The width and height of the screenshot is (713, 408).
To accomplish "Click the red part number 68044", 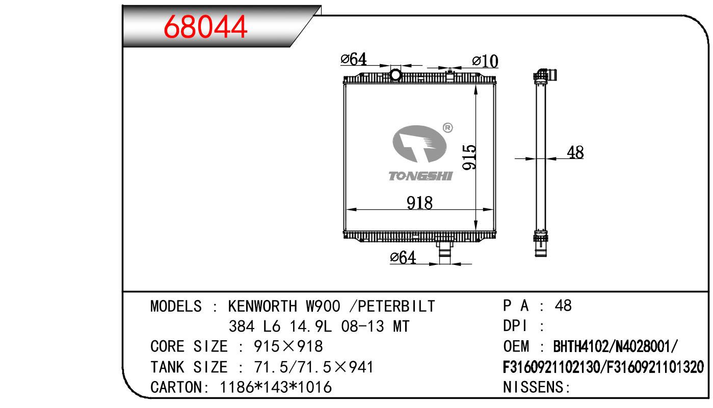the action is [x=205, y=27].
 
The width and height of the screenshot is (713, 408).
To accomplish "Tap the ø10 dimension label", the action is [x=485, y=61].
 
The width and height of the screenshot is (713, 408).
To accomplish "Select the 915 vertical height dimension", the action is [x=469, y=157].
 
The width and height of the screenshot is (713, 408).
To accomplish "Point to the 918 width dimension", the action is [x=419, y=203].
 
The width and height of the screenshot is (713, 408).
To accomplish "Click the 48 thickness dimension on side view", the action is [x=575, y=152].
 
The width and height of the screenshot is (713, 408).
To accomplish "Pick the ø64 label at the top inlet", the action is [x=354, y=59].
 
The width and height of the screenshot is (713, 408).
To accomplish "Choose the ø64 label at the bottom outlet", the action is [x=403, y=258].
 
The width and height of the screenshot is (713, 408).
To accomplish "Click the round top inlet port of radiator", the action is [x=395, y=75].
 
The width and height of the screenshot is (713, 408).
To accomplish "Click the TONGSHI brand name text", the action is [x=420, y=176].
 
